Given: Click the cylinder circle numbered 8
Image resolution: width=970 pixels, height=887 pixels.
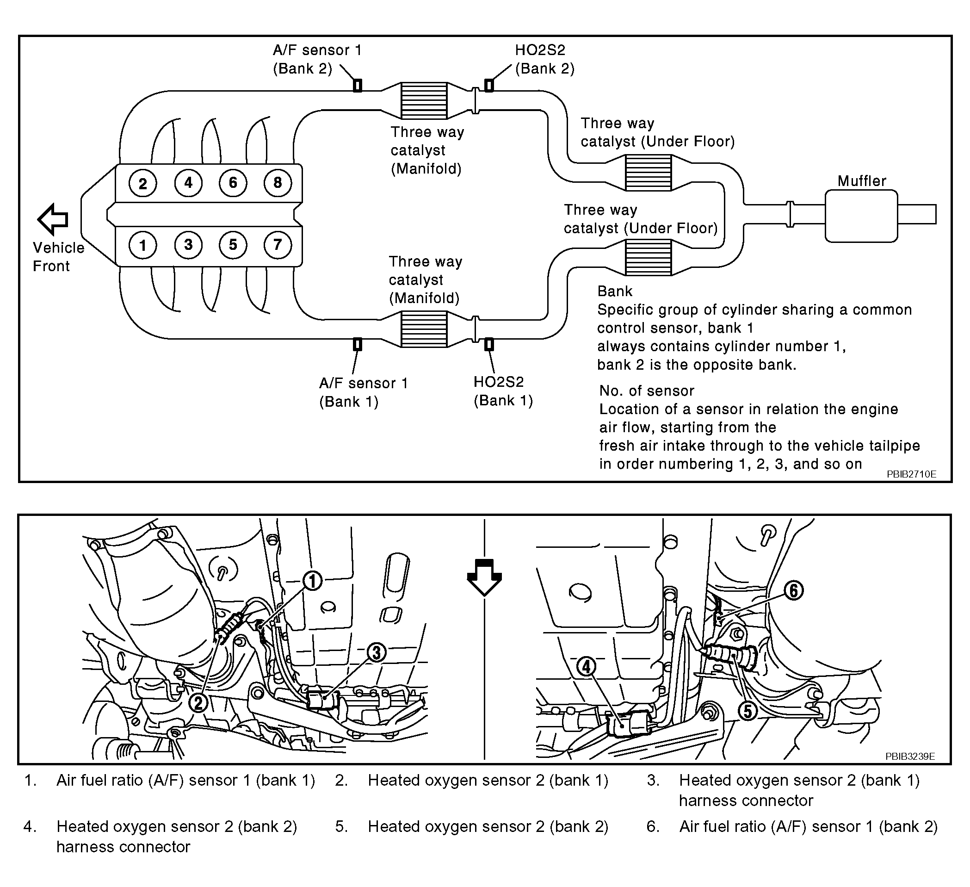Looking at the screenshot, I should [x=278, y=182].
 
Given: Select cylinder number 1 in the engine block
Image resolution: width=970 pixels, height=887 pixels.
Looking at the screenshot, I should [x=142, y=245].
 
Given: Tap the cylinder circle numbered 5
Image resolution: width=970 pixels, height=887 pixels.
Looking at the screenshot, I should [x=233, y=244].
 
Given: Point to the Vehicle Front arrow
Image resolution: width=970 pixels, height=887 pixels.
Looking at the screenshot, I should [x=53, y=219].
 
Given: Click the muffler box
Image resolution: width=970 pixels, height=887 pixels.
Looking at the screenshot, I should [x=861, y=216].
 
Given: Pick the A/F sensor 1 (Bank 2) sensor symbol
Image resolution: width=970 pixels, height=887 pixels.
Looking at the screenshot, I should [x=358, y=85].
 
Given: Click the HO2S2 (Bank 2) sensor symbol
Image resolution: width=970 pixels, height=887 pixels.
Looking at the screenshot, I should [x=489, y=85].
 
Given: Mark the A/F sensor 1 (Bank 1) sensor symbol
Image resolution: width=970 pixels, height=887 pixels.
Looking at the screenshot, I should [x=358, y=344].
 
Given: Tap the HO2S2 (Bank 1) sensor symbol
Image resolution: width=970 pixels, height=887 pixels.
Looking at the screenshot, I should [x=489, y=344].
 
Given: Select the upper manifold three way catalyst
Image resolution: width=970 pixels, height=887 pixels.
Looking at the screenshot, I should [x=424, y=100].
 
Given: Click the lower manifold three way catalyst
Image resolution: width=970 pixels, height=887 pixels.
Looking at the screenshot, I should [x=424, y=329].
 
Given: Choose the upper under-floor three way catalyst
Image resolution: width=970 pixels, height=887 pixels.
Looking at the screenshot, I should [x=648, y=173].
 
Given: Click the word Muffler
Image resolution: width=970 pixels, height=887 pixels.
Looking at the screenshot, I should [x=861, y=181].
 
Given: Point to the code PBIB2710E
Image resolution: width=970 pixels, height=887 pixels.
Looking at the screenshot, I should [x=911, y=474].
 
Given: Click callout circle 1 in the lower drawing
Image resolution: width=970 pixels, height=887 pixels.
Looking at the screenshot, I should [x=313, y=581].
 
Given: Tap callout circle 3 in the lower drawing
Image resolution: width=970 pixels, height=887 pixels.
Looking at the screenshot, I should [x=376, y=653].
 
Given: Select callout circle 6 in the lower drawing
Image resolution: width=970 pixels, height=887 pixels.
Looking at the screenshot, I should [x=793, y=590].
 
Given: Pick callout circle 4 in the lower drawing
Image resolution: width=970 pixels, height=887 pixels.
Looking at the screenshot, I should [x=587, y=667].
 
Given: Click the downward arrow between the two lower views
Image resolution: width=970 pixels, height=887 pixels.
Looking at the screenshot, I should [x=484, y=577].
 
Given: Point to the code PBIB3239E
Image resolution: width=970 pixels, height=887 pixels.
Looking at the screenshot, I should [x=910, y=756].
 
